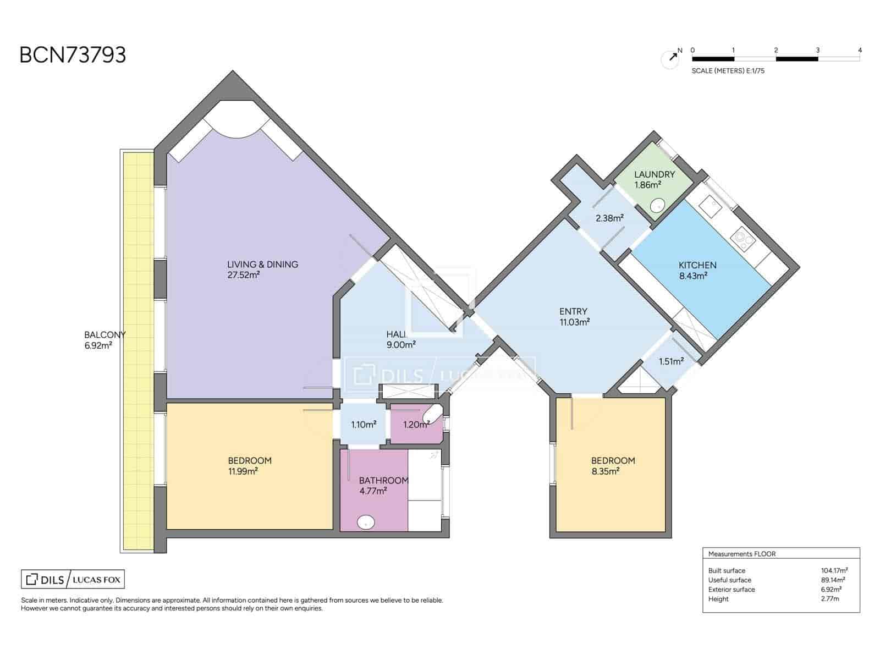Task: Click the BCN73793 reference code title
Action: click(73, 55)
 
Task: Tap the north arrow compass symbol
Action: click(670, 58)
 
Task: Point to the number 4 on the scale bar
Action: click(860, 51)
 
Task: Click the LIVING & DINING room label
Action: click(262, 265)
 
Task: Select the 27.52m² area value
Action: click(243, 275)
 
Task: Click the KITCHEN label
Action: click(697, 265)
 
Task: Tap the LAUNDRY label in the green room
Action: click(654, 174)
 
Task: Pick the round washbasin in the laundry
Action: click(657, 206)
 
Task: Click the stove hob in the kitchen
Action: click(743, 239)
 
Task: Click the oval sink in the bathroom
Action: click(366, 522)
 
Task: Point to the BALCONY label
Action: click(105, 334)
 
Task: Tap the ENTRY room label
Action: click(573, 311)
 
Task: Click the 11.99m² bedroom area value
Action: click(243, 471)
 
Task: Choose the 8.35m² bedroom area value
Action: click(606, 471)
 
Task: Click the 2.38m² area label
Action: click(609, 218)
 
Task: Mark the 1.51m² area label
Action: click(672, 361)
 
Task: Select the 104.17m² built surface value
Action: click(834, 570)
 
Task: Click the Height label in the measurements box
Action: click(718, 599)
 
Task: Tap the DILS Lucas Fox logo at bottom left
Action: click(73, 579)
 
